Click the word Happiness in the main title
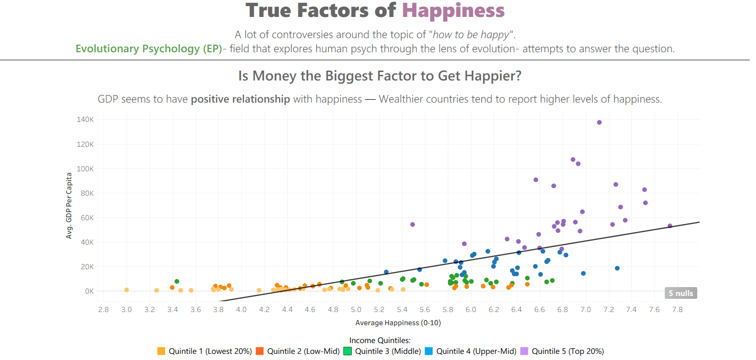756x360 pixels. pyautogui.click(x=453, y=11)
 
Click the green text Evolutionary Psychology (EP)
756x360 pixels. pyautogui.click(x=149, y=49)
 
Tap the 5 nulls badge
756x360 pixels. pyautogui.click(x=681, y=293)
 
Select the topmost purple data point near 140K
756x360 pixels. pyautogui.click(x=599, y=122)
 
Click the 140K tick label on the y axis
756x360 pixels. pyautogui.click(x=85, y=120)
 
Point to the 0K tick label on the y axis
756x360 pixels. pyautogui.click(x=89, y=291)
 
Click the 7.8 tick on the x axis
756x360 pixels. pyautogui.click(x=677, y=310)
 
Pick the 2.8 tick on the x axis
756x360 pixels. pyautogui.click(x=103, y=310)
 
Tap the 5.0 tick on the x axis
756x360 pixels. pyautogui.click(x=356, y=310)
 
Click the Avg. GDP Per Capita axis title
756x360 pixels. pyautogui.click(x=69, y=206)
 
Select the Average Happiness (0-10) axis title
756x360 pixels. pyautogui.click(x=398, y=323)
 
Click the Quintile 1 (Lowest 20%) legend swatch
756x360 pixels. pyautogui.click(x=161, y=351)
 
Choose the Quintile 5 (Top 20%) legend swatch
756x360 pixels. pyautogui.click(x=524, y=351)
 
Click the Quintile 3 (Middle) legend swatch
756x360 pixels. pyautogui.click(x=348, y=351)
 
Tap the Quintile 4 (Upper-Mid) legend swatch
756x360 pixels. pyautogui.click(x=429, y=351)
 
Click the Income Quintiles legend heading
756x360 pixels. pyautogui.click(x=380, y=340)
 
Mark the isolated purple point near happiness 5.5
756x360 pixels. pyautogui.click(x=413, y=224)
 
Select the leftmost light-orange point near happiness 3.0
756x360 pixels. pyautogui.click(x=127, y=290)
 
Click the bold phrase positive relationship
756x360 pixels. pyautogui.click(x=240, y=99)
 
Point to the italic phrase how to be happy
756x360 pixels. pyautogui.click(x=470, y=35)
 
